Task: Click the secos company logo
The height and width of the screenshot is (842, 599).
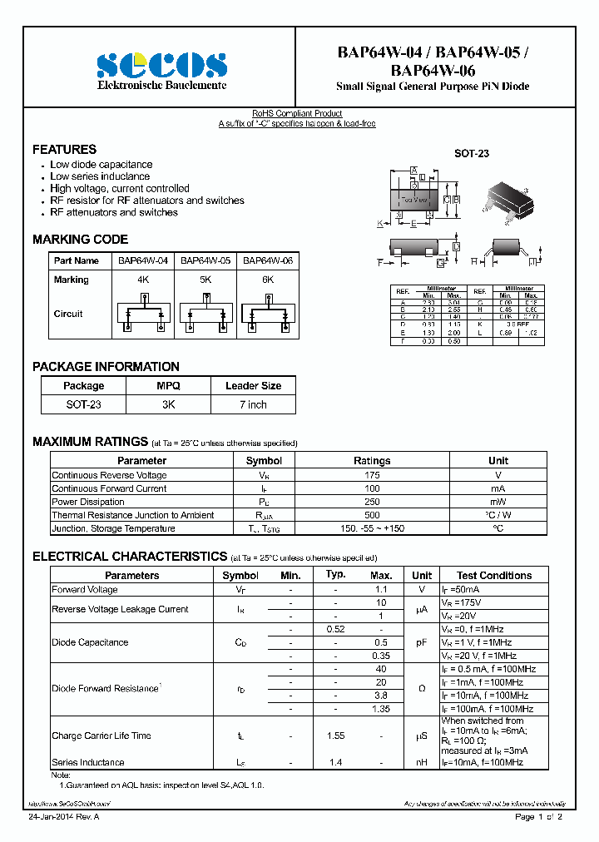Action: pyautogui.click(x=161, y=65)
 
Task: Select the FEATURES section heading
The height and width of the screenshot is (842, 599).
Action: pyautogui.click(x=64, y=150)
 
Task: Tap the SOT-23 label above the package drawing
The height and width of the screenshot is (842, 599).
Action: pyautogui.click(x=471, y=154)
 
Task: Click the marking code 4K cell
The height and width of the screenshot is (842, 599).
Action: pyautogui.click(x=143, y=280)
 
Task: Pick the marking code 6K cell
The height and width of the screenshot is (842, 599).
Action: pyautogui.click(x=268, y=280)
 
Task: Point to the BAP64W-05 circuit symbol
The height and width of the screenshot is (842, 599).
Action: pyautogui.click(x=205, y=317)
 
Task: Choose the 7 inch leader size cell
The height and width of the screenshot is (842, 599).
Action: pyautogui.click(x=253, y=404)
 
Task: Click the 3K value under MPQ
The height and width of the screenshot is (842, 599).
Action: pyautogui.click(x=168, y=404)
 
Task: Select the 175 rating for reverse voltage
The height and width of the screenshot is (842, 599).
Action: pyautogui.click(x=372, y=475)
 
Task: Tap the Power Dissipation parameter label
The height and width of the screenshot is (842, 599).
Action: pyautogui.click(x=88, y=502)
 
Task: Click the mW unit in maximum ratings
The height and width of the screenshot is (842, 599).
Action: pyautogui.click(x=498, y=502)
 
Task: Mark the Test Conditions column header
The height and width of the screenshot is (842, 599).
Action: pyautogui.click(x=494, y=575)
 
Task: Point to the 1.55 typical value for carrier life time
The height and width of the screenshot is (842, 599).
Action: pyautogui.click(x=335, y=736)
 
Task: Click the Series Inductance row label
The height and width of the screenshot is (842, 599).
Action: pyautogui.click(x=88, y=762)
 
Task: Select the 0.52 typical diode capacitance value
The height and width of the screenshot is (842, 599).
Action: pyautogui.click(x=335, y=629)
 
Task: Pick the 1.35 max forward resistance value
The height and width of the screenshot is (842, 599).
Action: pyautogui.click(x=381, y=709)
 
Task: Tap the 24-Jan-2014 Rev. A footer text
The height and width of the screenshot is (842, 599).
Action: pyautogui.click(x=63, y=817)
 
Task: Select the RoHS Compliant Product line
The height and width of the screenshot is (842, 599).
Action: pyautogui.click(x=297, y=113)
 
